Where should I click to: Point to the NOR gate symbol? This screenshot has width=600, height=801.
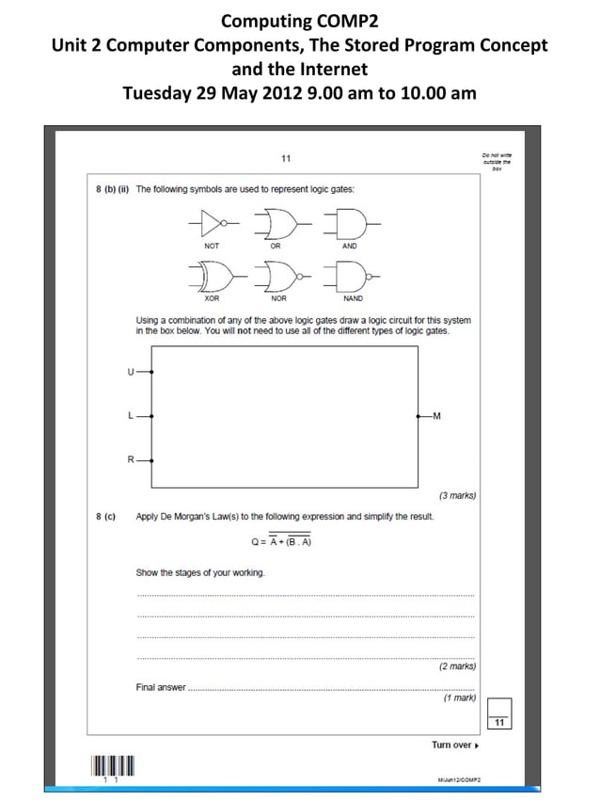click(279, 276)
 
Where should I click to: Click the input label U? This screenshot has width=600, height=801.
click(131, 371)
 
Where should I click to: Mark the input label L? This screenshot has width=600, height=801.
click(131, 415)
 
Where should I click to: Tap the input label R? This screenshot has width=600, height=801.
click(131, 459)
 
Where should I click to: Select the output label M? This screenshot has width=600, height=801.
click(436, 415)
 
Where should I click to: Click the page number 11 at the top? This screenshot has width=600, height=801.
click(286, 158)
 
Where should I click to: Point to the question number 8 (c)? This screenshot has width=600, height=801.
click(105, 516)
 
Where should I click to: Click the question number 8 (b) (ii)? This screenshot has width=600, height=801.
click(112, 189)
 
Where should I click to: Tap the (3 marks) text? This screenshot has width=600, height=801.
click(457, 495)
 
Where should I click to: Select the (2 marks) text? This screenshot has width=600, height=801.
click(457, 666)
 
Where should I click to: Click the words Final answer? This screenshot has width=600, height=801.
click(161, 687)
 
